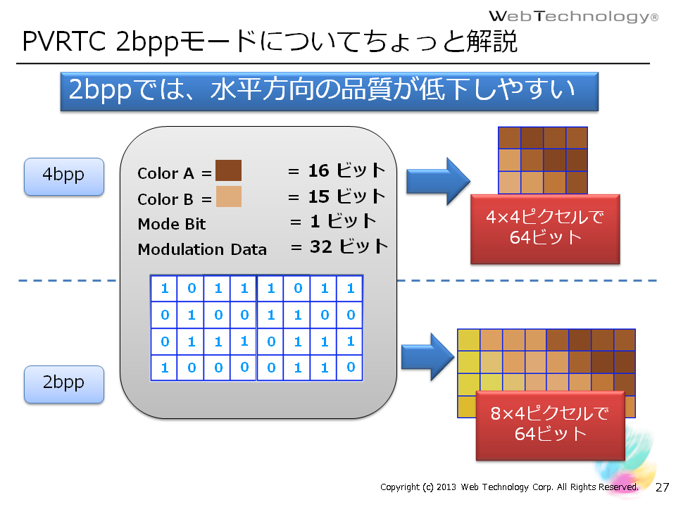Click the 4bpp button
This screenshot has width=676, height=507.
point(64,176)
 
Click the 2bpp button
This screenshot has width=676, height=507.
point(64,384)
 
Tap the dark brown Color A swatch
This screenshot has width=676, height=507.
point(228,170)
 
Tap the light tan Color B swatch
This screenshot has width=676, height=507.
point(228,196)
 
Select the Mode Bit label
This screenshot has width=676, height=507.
point(172,224)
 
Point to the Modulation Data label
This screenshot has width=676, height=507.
point(202,249)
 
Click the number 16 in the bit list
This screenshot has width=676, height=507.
point(318,170)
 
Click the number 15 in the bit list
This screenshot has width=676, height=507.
point(318,196)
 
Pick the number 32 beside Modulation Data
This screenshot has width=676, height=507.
point(321,246)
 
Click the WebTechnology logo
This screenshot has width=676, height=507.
point(573,16)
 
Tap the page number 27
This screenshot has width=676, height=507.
point(662,487)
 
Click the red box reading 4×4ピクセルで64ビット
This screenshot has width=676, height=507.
point(545,229)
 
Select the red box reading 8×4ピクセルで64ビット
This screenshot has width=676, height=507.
point(550,425)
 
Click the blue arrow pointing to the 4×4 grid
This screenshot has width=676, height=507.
point(438,181)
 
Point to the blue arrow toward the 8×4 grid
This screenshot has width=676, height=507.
point(427,356)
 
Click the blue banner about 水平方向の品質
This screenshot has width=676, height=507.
point(330,92)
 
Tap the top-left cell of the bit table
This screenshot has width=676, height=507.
point(164,288)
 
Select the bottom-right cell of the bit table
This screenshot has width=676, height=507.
point(350,368)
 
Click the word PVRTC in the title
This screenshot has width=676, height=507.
point(64,42)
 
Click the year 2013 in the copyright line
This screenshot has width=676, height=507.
point(446,487)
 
